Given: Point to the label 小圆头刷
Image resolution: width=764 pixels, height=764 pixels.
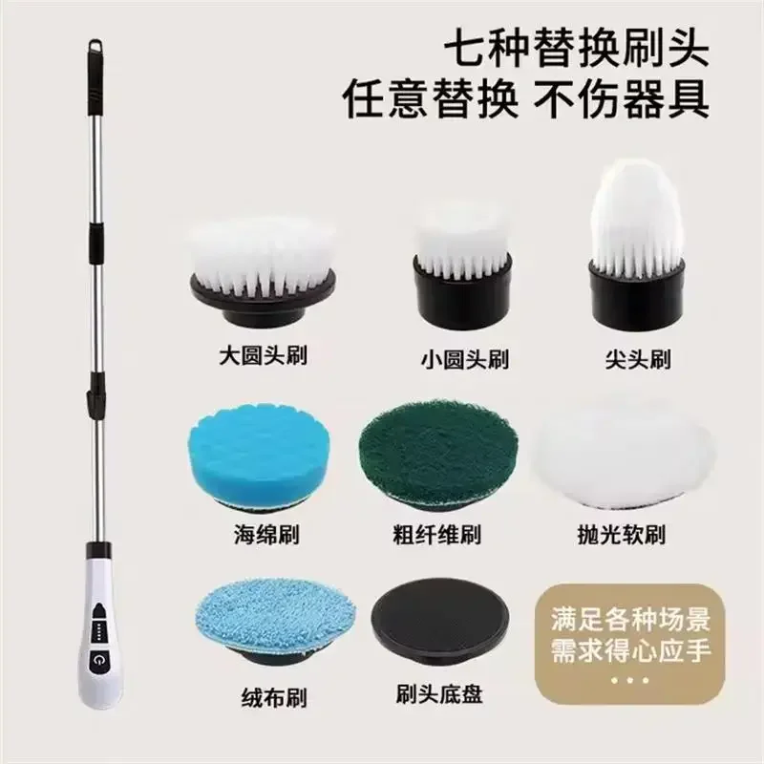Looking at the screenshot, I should point(464,360).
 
